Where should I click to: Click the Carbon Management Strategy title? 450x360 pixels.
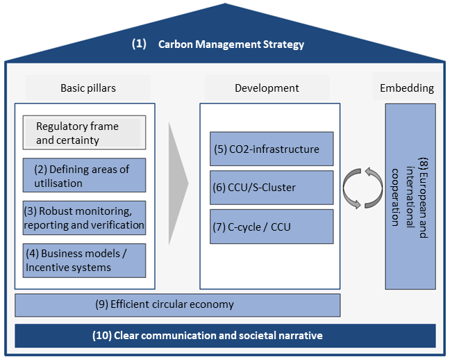[x=231, y=44]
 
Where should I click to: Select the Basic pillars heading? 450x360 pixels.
[x=88, y=88]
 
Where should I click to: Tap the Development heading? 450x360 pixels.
[x=267, y=88]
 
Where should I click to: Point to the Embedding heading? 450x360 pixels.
[x=407, y=88]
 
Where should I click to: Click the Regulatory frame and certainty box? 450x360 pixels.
[x=84, y=133]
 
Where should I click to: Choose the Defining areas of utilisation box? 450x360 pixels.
[x=84, y=177]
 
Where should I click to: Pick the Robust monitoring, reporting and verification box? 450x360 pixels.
[x=84, y=218]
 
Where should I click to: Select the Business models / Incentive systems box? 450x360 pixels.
[x=84, y=261]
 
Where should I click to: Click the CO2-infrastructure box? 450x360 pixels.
[x=272, y=149]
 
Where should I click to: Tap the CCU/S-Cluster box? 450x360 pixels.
[x=272, y=187]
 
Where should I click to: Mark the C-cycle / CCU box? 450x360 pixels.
[x=272, y=226]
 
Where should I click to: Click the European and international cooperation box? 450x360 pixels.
[x=410, y=197]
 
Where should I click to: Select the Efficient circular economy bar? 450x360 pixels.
[x=177, y=304]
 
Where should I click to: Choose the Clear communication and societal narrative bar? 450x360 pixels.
[x=225, y=336]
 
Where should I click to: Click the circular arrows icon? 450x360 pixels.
[x=362, y=188]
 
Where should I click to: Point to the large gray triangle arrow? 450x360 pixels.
[x=177, y=185]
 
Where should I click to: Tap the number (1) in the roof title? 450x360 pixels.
[x=139, y=44]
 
